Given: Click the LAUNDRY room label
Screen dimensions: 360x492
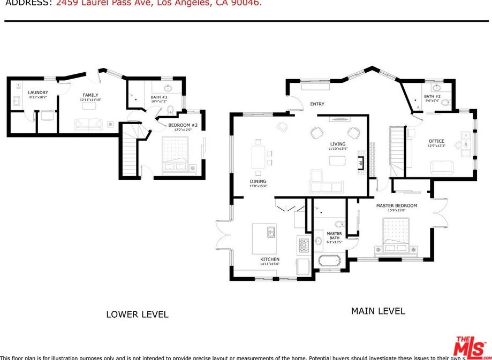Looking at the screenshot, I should (x=38, y=93).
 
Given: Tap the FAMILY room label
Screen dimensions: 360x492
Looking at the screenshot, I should (x=90, y=95).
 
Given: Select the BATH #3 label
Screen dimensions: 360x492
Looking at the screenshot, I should (x=159, y=97).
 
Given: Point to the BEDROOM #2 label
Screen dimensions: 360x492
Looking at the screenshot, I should (x=183, y=125).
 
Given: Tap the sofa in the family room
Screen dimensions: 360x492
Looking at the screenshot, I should (x=88, y=125).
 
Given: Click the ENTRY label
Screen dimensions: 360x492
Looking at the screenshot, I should (x=317, y=104).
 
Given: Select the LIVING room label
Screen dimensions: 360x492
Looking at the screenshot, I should (x=338, y=144).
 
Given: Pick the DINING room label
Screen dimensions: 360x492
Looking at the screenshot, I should (x=258, y=181).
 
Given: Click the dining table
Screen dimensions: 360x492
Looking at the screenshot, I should (x=259, y=157).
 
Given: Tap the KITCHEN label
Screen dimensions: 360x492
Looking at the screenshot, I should (x=270, y=259).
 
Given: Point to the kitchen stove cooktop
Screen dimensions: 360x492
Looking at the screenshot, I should (x=303, y=244).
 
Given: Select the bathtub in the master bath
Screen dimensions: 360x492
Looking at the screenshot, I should (x=329, y=262).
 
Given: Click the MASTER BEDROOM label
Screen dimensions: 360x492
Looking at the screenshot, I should (x=396, y=205).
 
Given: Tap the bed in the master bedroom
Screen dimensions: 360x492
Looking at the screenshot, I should (x=396, y=236).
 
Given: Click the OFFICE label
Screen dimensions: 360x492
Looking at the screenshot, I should (x=436, y=141).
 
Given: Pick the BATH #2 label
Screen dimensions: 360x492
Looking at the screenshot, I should (x=432, y=96).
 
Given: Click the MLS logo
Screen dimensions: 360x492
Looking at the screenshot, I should (x=470, y=347).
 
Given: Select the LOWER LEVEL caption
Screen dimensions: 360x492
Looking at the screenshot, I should (x=137, y=315).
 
